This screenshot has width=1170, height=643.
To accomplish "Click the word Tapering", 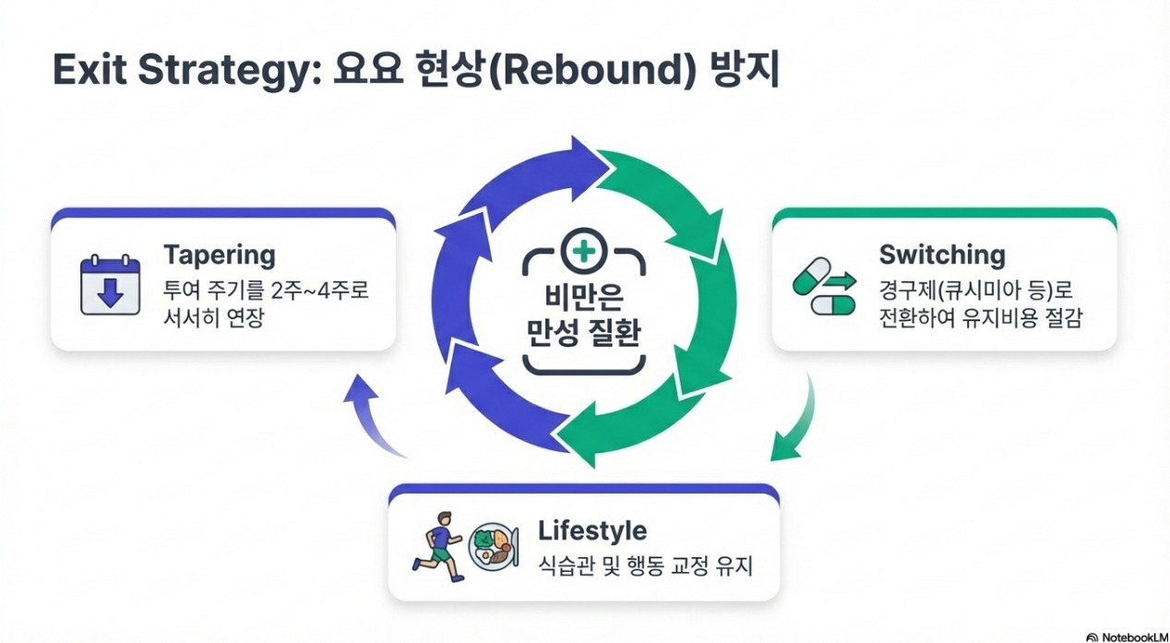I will pyautogui.click(x=219, y=255).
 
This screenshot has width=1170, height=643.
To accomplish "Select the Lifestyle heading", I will pyautogui.click(x=591, y=530).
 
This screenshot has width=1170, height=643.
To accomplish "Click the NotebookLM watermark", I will pyautogui.click(x=1128, y=637).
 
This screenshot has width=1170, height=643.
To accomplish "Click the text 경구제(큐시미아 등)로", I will pyautogui.click(x=978, y=289).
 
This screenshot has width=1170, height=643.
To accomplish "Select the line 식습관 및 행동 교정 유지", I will pyautogui.click(x=645, y=565).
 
